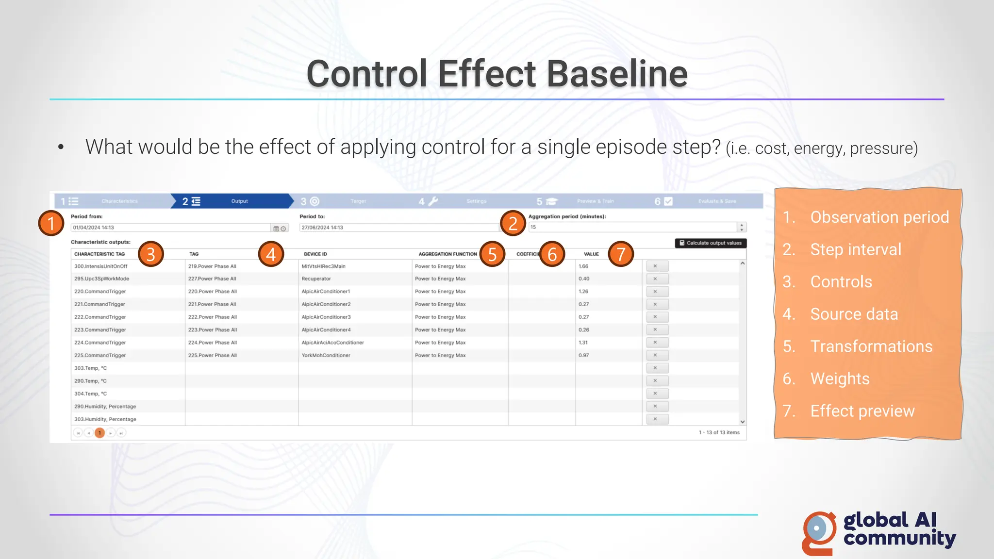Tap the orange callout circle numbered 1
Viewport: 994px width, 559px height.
point(51,223)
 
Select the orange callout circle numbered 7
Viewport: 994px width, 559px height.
point(621,254)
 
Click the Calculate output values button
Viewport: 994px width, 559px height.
point(711,243)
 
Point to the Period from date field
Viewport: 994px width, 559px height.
point(170,228)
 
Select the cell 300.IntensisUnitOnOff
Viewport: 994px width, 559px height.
point(101,266)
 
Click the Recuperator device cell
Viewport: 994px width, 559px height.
point(316,279)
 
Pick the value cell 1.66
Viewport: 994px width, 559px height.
point(583,266)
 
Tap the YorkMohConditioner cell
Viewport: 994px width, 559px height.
point(326,356)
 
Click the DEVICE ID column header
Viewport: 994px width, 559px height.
point(315,254)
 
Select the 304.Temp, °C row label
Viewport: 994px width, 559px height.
point(91,394)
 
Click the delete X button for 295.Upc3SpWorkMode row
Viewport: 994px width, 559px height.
point(655,279)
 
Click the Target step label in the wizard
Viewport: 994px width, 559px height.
point(358,201)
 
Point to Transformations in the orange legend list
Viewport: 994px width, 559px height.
point(871,346)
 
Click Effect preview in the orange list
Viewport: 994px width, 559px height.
point(862,411)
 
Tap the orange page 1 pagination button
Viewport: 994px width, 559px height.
point(99,433)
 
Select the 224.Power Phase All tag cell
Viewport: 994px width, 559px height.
point(213,343)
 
